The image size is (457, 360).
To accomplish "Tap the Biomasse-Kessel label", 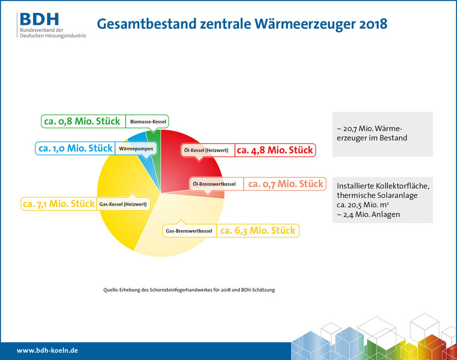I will tap(148, 122).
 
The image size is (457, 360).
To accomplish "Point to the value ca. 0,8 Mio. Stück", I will tap(82, 122).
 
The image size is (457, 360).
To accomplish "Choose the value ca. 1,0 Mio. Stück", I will tap(74, 148).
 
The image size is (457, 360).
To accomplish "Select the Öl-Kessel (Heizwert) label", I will tap(206, 150).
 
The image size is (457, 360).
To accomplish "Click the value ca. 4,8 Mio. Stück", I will tap(275, 150).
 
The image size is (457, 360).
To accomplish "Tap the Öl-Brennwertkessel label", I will tap(214, 184).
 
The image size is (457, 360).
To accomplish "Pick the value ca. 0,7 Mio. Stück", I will tap(286, 184).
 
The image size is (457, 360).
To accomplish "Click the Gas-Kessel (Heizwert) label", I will tap(122, 204).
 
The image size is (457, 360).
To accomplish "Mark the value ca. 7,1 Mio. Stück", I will tap(58, 203).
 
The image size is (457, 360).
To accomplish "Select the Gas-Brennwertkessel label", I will tap(189, 231).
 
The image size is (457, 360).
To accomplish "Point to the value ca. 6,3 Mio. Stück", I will tap(257, 230).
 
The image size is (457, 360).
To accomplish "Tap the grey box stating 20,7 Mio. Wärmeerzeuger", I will tap(383, 134).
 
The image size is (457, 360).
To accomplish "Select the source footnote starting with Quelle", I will tap(189, 290).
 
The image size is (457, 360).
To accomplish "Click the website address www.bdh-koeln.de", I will tap(47, 350).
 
